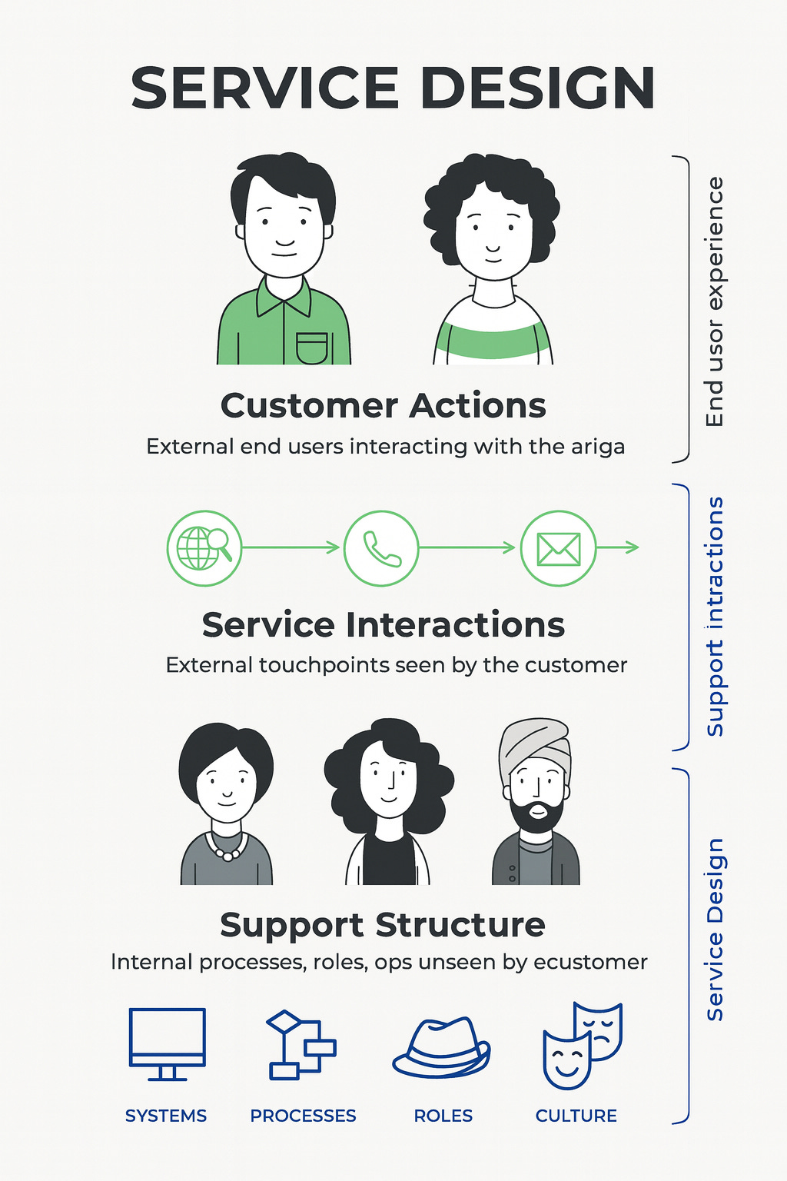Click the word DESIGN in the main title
click(537, 88)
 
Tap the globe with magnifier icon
click(204, 548)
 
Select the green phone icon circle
click(381, 548)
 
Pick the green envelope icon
click(559, 548)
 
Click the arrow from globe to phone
click(292, 547)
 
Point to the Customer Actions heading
click(383, 406)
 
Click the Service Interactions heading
click(383, 625)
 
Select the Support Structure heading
click(383, 925)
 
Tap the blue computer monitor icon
click(167, 1043)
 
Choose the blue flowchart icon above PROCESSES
click(301, 1045)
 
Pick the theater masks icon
click(582, 1045)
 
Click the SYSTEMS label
click(166, 1116)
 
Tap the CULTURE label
click(576, 1116)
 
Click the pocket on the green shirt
click(312, 347)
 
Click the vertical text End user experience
click(716, 301)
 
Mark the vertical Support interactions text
click(716, 616)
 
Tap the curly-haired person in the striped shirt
click(493, 261)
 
